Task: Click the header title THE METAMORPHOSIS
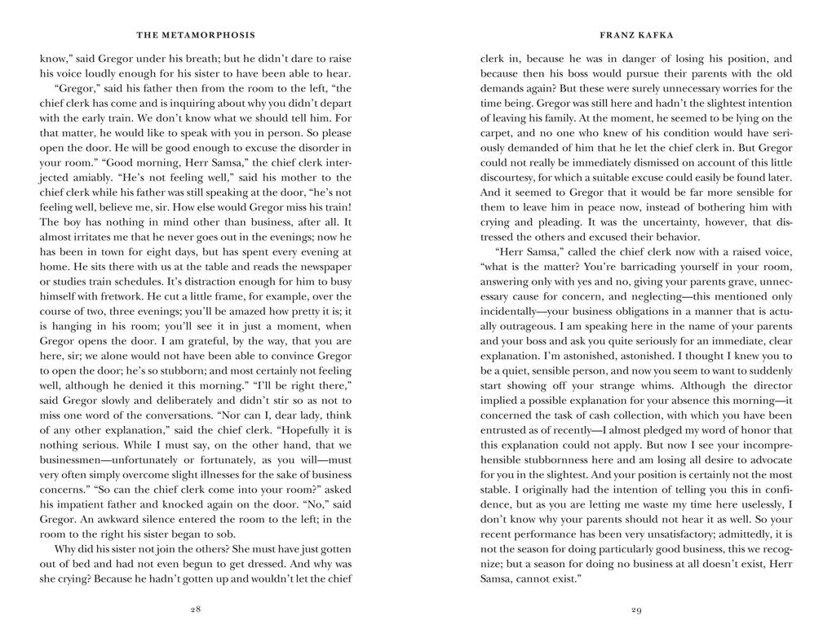[x=196, y=35]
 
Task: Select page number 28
[x=196, y=610]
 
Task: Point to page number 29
[x=636, y=610]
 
